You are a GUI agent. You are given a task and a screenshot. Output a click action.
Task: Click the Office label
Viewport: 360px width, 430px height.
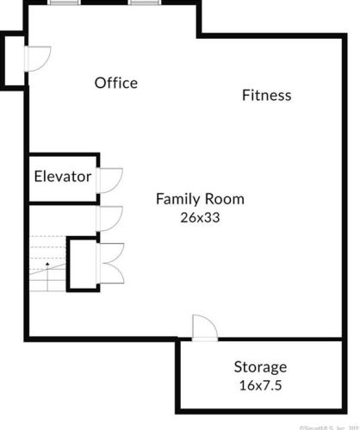115,83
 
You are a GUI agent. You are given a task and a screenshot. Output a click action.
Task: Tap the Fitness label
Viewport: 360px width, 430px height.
266,96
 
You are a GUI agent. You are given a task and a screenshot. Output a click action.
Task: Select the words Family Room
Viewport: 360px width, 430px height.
200,199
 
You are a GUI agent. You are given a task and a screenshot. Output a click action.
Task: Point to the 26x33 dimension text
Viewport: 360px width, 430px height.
200,218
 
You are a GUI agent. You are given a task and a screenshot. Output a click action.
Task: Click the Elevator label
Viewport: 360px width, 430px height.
62,177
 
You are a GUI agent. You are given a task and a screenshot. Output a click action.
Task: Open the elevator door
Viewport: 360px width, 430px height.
110,178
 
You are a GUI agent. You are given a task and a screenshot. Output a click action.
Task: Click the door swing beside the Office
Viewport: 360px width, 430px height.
39,57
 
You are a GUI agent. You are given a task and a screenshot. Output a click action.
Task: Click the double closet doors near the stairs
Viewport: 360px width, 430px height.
112,265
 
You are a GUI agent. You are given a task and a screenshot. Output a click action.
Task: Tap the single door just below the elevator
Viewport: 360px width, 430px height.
110,219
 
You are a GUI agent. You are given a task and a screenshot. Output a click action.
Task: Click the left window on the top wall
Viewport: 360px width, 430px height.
61,3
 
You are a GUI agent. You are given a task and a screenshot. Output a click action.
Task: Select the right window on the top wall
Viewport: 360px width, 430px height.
142,3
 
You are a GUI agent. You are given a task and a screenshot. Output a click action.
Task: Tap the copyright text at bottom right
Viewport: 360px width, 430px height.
327,426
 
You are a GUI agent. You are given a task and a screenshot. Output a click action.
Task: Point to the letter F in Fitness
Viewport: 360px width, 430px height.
245,96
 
